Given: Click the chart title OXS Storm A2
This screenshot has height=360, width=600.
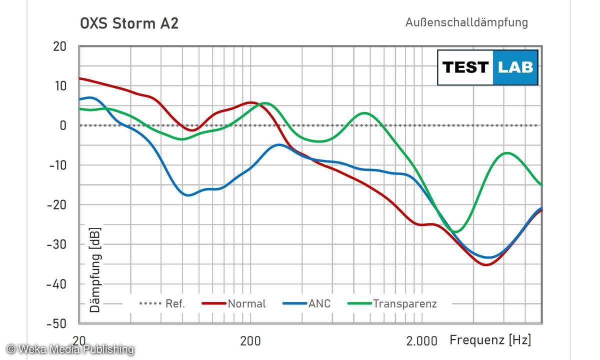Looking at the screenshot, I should [x=129, y=23].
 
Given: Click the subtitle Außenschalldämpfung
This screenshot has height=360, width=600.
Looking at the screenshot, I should [x=466, y=22].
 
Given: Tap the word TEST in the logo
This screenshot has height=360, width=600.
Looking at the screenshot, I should [x=465, y=67].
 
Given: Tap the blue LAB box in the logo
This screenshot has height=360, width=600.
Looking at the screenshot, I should [x=515, y=67].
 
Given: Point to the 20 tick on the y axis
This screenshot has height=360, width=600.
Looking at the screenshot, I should [x=59, y=46].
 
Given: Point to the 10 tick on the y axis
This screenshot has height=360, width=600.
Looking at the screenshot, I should [x=59, y=86].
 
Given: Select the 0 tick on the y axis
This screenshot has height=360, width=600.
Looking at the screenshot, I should [x=63, y=125].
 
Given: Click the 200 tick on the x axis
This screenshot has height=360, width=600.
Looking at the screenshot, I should [x=250, y=341].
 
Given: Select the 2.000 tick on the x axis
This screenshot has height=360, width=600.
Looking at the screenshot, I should [x=421, y=341].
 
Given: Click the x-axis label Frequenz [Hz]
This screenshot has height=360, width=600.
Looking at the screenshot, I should [x=490, y=340].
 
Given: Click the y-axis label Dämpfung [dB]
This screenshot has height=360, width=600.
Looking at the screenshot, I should [x=95, y=270].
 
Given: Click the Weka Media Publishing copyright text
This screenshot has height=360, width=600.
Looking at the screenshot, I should [x=70, y=349].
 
